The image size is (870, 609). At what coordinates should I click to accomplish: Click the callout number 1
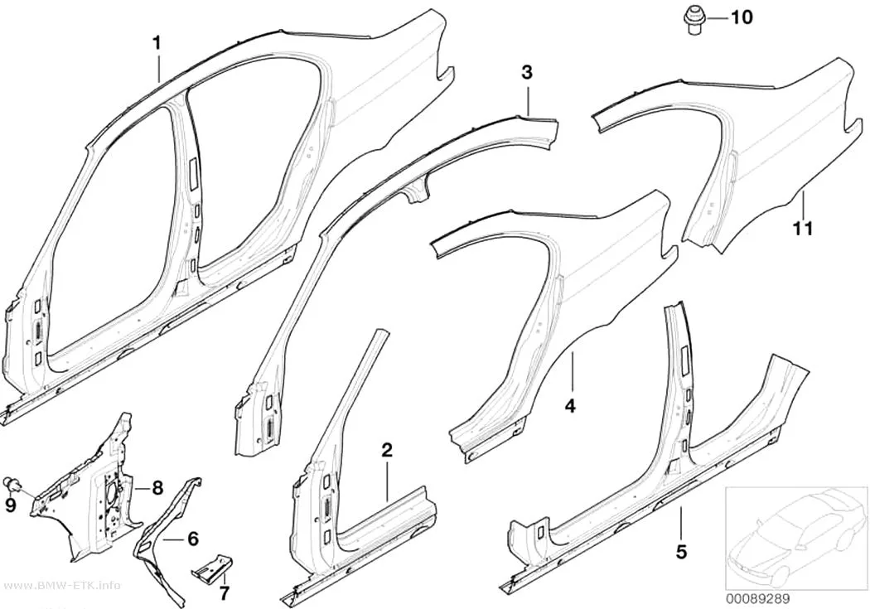pos(157,43)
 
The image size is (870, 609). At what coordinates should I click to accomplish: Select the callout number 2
pos(387,450)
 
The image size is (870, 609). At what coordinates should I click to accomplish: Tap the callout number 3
pos(526,72)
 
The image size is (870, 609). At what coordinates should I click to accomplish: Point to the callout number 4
pos(570,407)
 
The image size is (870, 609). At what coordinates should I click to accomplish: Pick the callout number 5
pos(681,537)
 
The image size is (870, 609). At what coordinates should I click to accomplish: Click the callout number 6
pos(192,539)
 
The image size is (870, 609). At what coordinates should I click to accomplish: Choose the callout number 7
pos(224,593)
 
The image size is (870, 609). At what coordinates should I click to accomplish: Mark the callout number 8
pos(157,488)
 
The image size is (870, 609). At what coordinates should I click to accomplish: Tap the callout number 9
pos(9,505)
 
